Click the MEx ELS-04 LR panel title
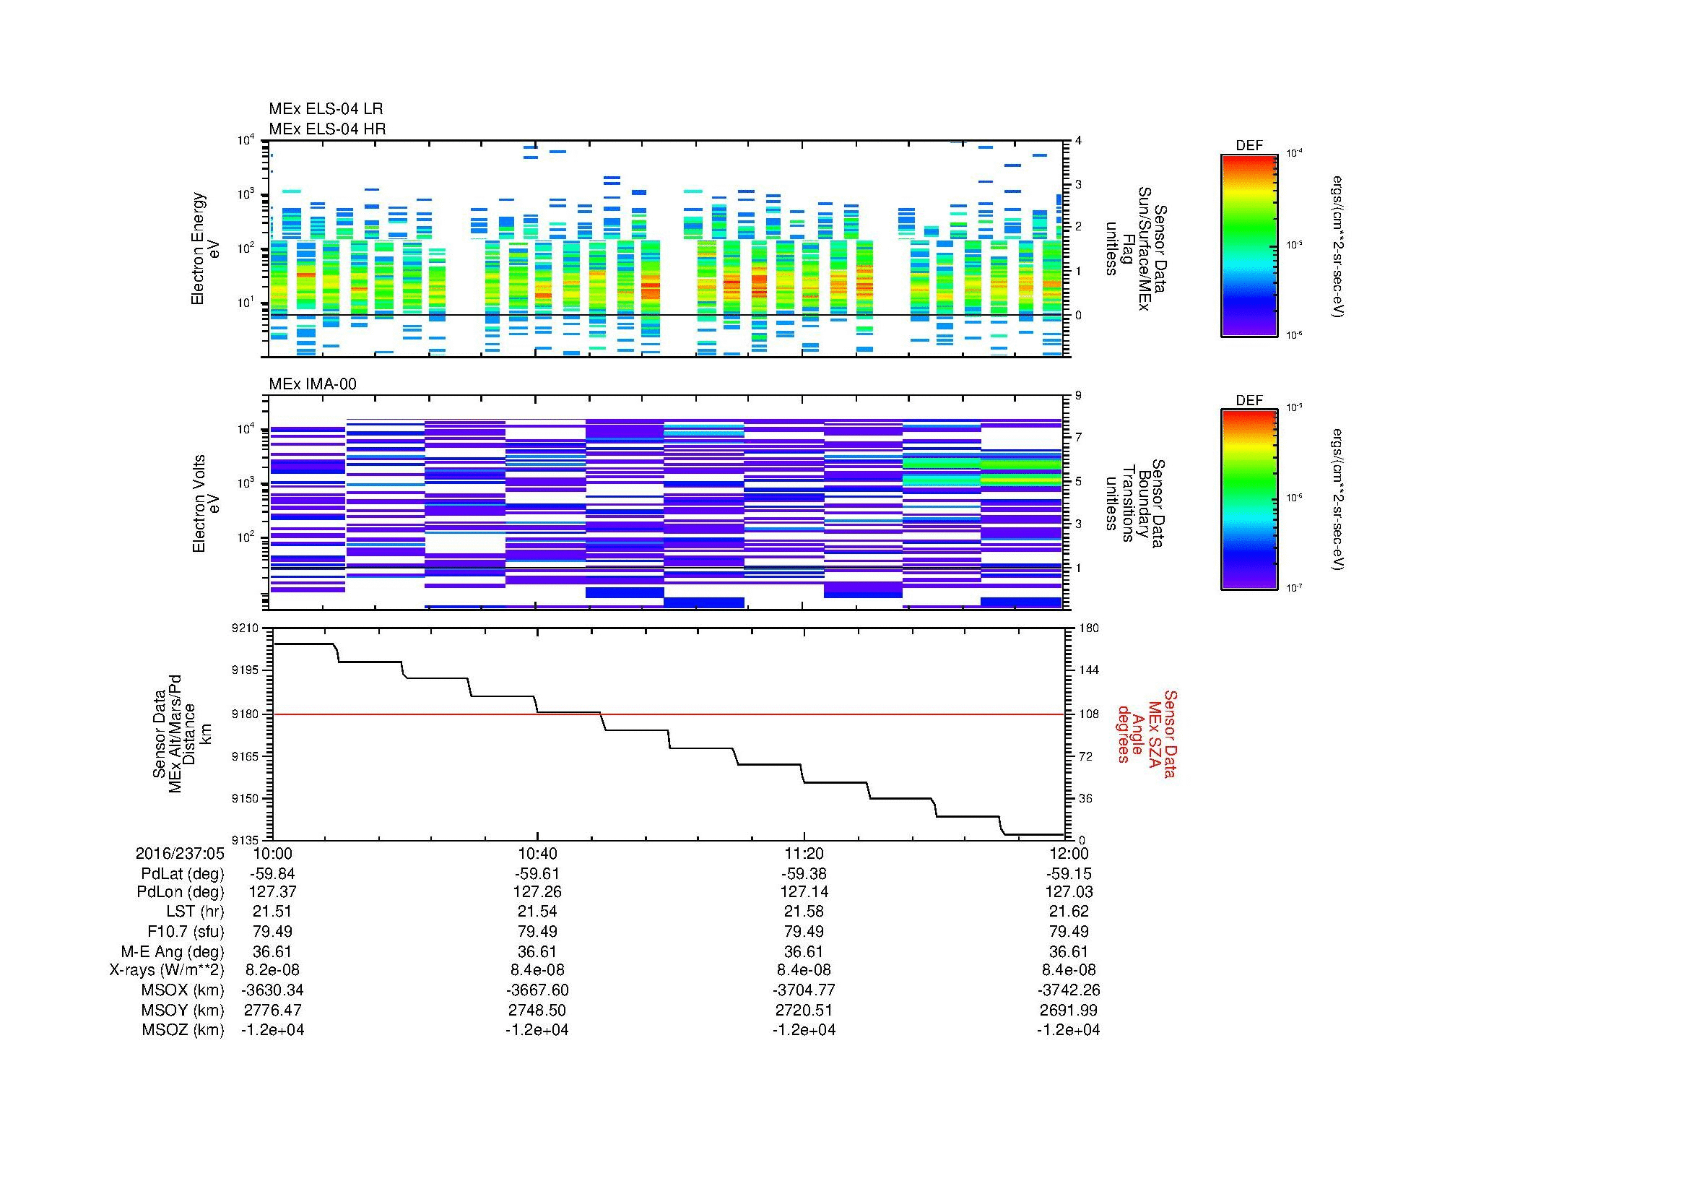pyautogui.click(x=325, y=110)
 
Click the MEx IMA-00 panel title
pyautogui.click(x=312, y=384)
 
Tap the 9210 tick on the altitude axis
pyautogui.click(x=246, y=628)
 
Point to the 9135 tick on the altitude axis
pyautogui.click(x=246, y=840)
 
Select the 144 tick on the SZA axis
pyautogui.click(x=1088, y=670)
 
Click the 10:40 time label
pyautogui.click(x=538, y=853)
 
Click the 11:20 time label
pyautogui.click(x=804, y=853)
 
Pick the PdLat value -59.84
pyautogui.click(x=272, y=874)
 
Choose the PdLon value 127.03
pyautogui.click(x=1069, y=891)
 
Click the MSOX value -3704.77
pyautogui.click(x=804, y=990)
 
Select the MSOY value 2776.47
pyautogui.click(x=272, y=1010)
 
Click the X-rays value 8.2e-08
pyautogui.click(x=272, y=970)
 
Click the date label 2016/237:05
pyautogui.click(x=180, y=853)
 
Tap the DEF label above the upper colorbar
pyautogui.click(x=1249, y=146)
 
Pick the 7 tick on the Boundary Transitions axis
pyautogui.click(x=1078, y=437)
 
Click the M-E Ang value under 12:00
pyautogui.click(x=1069, y=951)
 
